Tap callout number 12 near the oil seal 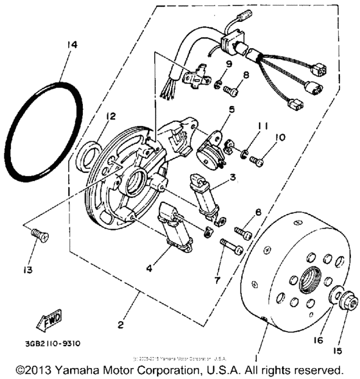tap(111, 116)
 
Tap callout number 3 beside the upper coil tap(234, 176)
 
